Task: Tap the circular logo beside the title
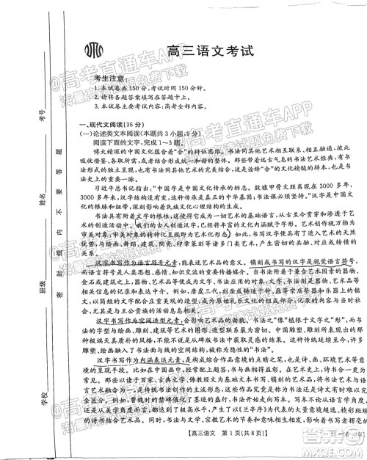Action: [x=96, y=52]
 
